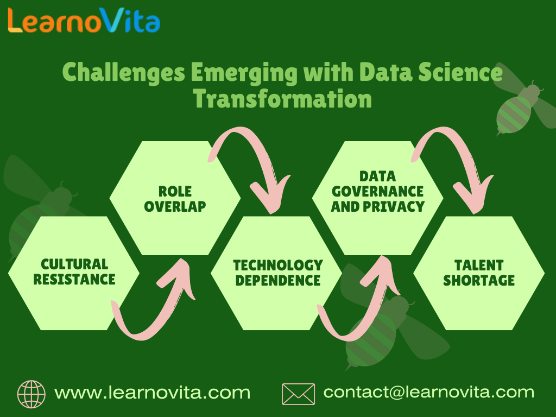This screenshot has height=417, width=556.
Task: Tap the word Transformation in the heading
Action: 282,99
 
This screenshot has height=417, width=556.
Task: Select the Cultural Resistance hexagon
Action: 74,272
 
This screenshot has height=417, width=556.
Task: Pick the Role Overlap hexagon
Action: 175,198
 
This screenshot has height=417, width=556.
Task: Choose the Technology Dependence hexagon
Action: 277,273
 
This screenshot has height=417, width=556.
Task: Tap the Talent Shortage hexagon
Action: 479,273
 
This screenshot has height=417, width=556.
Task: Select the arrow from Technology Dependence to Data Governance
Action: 358,307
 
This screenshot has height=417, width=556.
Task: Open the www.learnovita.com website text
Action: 152,392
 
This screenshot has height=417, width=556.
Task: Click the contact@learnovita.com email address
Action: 428,392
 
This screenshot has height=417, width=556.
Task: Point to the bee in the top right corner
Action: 521,106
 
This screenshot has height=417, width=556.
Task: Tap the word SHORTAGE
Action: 479,280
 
